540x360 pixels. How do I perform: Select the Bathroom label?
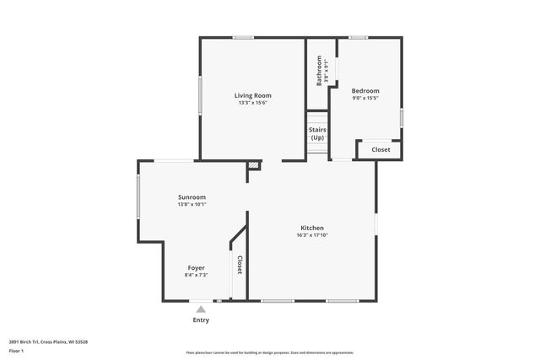click(319, 71)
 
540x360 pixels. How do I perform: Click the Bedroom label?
click(365, 91)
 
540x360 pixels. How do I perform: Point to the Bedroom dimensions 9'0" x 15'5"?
click(365, 99)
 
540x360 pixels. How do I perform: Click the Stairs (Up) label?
click(317, 133)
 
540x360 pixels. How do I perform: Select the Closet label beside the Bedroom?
click(381, 149)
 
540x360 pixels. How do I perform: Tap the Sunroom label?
click(192, 196)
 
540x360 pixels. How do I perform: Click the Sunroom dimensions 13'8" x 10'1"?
click(192, 204)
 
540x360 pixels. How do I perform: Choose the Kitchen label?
click(312, 228)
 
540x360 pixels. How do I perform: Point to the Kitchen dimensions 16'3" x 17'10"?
click(312, 235)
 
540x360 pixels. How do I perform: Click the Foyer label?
click(196, 267)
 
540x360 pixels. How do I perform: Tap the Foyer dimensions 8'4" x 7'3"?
click(196, 275)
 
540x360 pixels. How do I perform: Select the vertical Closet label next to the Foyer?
click(239, 265)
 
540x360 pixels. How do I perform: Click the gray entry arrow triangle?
click(201, 309)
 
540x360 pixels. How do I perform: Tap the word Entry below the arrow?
click(201, 320)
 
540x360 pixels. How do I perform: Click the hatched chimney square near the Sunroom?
click(253, 165)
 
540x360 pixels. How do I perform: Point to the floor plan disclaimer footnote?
click(269, 352)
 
